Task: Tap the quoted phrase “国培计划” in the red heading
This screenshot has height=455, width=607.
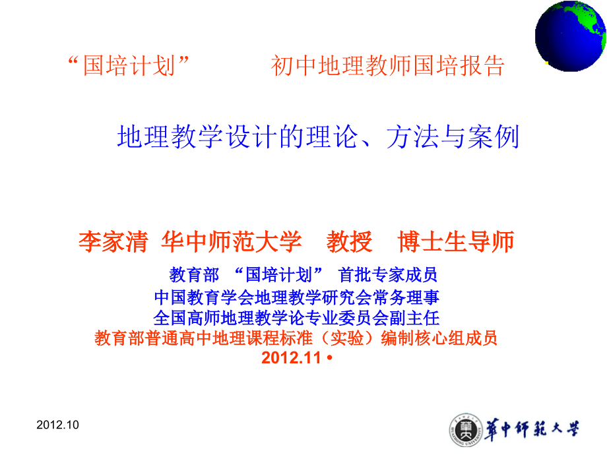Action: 129,66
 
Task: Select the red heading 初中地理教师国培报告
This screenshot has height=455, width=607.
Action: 388,66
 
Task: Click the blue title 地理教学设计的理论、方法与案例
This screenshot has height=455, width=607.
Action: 319,137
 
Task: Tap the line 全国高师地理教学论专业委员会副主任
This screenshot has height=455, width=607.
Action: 296,318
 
